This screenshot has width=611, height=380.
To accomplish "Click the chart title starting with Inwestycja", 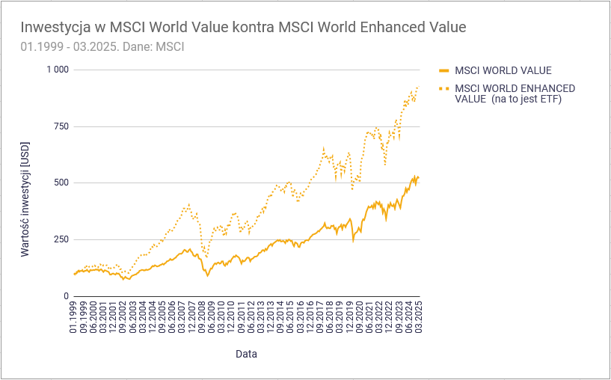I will click(x=243, y=28).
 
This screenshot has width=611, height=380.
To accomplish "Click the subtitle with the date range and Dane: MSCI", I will click(x=102, y=46).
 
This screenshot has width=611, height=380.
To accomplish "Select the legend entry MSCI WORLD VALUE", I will click(x=503, y=71).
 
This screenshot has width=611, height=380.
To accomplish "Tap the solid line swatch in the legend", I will click(x=443, y=71).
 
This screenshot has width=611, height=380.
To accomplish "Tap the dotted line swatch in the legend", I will click(x=443, y=88).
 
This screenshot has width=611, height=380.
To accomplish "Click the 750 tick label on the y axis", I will click(x=60, y=126).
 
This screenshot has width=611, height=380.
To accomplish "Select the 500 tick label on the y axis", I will click(x=60, y=183).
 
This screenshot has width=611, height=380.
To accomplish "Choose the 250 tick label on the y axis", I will click(x=60, y=239).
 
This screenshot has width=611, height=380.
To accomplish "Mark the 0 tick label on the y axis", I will click(x=65, y=296).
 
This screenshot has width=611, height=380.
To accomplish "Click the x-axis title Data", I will click(x=247, y=353).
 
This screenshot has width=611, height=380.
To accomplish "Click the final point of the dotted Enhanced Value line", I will click(x=418, y=87).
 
